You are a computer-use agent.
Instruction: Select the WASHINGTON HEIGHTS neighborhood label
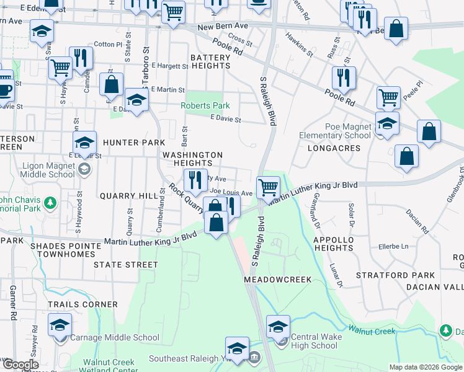(192, 159)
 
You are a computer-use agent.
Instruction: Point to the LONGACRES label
(334, 148)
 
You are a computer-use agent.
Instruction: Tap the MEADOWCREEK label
(276, 280)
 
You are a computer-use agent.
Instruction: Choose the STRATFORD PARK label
(386, 275)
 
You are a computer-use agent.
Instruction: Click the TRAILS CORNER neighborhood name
(83, 304)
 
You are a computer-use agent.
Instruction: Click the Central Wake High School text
(314, 342)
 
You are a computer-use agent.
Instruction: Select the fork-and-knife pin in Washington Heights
(195, 180)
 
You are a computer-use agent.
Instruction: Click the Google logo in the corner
(20, 365)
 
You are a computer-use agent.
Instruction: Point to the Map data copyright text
(426, 367)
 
